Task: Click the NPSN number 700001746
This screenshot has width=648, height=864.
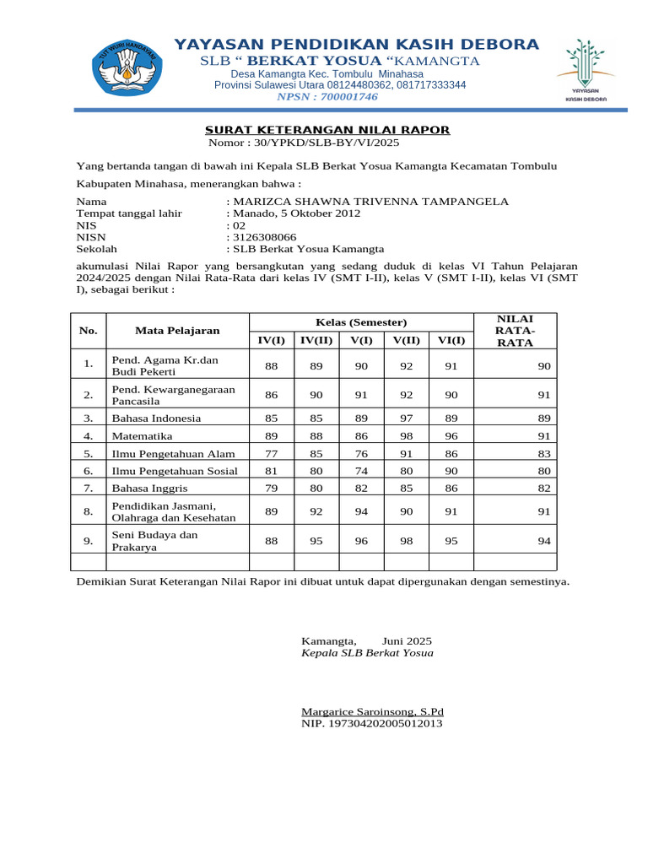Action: pos(327,97)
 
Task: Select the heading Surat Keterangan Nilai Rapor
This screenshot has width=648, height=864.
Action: pos(328,130)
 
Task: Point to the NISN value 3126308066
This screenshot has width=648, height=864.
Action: pos(264,237)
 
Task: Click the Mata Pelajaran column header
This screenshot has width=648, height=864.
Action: pos(177,331)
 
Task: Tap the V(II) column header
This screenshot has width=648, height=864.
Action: pos(406,340)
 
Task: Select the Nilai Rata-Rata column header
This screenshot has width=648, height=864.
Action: pos(515,330)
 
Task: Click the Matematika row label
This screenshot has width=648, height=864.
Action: pos(142,436)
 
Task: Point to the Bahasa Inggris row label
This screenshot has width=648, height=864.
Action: pos(149,488)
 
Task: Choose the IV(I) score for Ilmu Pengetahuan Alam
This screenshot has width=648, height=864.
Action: pos(271,453)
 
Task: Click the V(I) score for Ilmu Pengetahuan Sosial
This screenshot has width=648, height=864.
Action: pos(361,471)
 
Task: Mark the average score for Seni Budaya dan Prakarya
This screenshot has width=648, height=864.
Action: pos(543,541)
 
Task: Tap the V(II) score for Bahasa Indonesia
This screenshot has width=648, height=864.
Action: pos(406,418)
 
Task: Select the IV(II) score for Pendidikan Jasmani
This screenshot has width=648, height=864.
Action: pos(316,510)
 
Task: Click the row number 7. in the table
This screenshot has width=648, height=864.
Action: pos(89,488)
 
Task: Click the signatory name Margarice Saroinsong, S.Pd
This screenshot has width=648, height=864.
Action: pos(372,712)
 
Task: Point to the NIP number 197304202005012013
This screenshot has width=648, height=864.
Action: pos(372,724)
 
